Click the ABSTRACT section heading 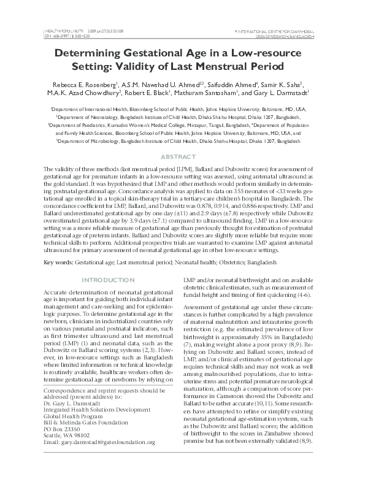pos(182,157)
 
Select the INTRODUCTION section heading pos(108,280)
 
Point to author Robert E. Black pos(161,93)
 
